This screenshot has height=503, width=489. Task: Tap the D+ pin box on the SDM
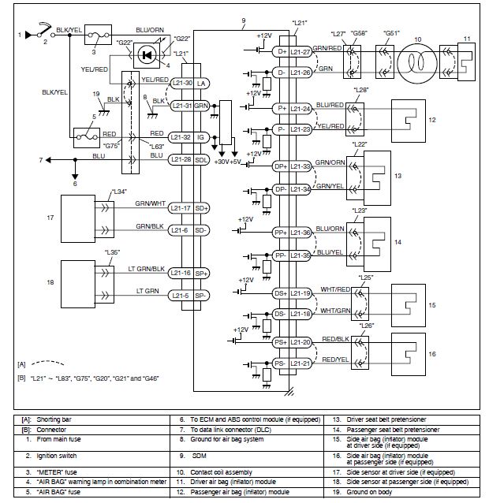(282, 51)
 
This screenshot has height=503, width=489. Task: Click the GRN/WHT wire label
(150, 203)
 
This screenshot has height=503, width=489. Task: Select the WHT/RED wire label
(335, 289)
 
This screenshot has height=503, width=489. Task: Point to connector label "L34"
(119, 192)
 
